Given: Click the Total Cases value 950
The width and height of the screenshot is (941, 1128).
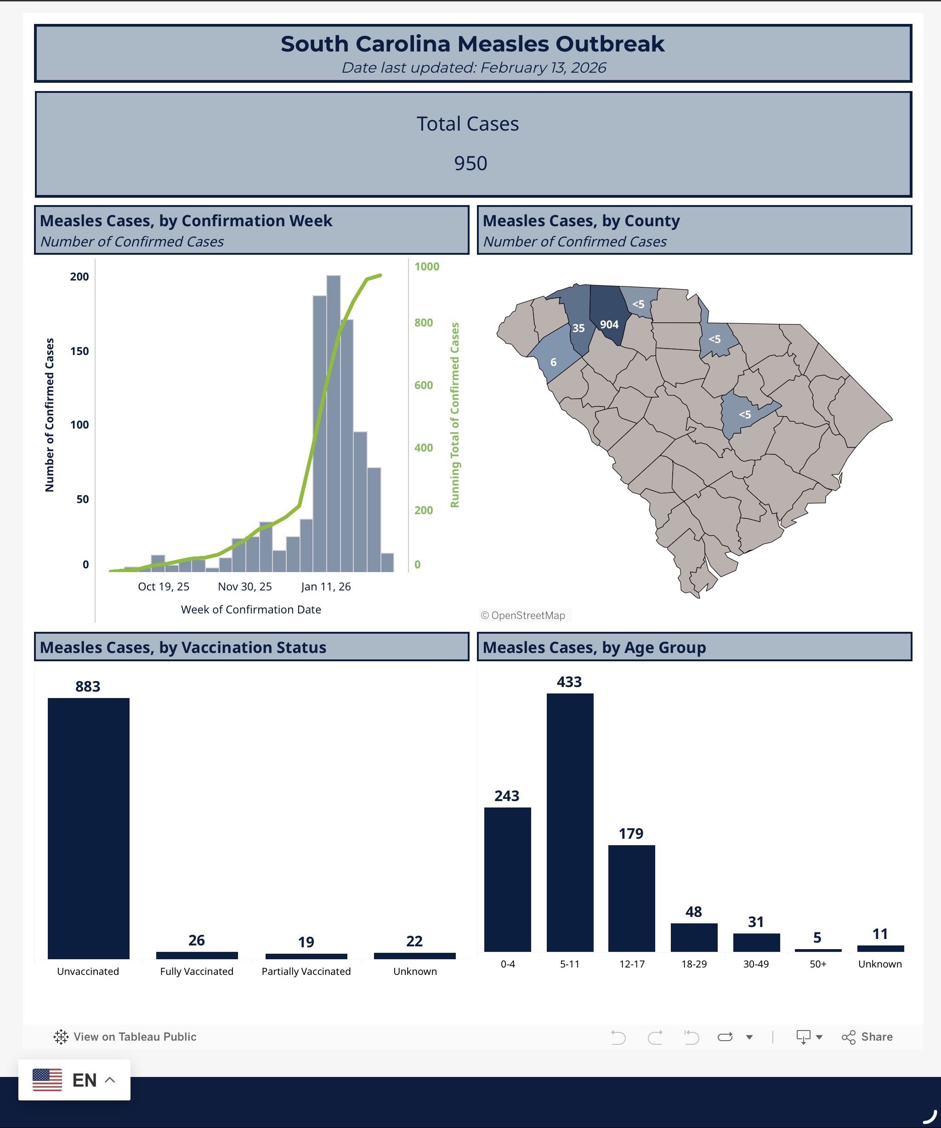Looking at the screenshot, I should pyautogui.click(x=470, y=163).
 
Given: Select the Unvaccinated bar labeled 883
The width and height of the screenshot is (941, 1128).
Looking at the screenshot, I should pyautogui.click(x=89, y=827).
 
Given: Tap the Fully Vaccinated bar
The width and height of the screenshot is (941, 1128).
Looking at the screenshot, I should pyautogui.click(x=197, y=955).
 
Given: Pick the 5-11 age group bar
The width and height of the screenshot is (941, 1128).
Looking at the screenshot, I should pyautogui.click(x=570, y=822).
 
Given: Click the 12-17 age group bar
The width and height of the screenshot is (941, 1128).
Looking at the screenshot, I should pyautogui.click(x=631, y=898).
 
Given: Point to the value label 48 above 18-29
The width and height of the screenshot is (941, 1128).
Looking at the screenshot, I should pyautogui.click(x=693, y=911).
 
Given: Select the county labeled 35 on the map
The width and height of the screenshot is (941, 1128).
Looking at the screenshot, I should pyautogui.click(x=578, y=322).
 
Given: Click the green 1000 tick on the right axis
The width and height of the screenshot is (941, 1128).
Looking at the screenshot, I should pyautogui.click(x=427, y=266).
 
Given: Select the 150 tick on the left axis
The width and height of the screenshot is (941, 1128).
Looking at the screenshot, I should pyautogui.click(x=79, y=351).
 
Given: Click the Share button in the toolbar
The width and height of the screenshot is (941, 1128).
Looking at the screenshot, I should pyautogui.click(x=867, y=1036).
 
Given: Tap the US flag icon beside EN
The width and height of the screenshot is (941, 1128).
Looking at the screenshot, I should pyautogui.click(x=47, y=1080).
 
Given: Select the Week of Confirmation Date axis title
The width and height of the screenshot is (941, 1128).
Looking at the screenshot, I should pyautogui.click(x=251, y=610).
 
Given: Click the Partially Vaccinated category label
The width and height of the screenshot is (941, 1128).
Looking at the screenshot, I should pyautogui.click(x=306, y=971).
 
